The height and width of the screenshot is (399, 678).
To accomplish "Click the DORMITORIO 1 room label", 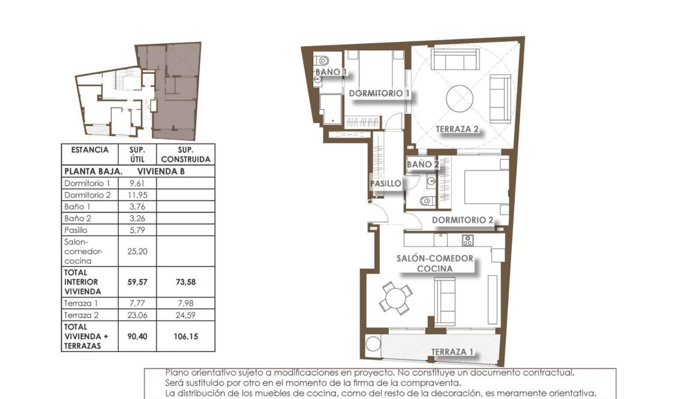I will tap(379, 94).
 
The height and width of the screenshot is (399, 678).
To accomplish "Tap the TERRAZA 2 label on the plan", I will tap(457, 129).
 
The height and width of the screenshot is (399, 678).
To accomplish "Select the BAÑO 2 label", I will tap(423, 164).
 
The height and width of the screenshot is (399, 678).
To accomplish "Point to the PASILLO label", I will tap(385, 184).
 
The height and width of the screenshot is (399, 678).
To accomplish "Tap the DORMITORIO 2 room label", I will tap(462, 220).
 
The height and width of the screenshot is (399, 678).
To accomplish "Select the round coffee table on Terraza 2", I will tap(459, 96).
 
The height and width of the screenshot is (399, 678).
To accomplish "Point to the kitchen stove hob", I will tap(467, 240).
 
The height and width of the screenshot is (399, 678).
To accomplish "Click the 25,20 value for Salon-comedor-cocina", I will tap(137, 251).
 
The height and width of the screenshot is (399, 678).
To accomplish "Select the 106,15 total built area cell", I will tap(185, 337).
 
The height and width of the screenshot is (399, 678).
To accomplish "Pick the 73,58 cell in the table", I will tap(185, 281).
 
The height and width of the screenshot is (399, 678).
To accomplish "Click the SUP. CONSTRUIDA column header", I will tap(185, 154).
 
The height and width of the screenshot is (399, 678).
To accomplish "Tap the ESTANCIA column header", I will tap(90, 150).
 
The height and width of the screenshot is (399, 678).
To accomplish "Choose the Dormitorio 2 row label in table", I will tap(88, 195).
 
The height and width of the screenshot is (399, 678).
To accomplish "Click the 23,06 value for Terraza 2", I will tap(137, 314).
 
